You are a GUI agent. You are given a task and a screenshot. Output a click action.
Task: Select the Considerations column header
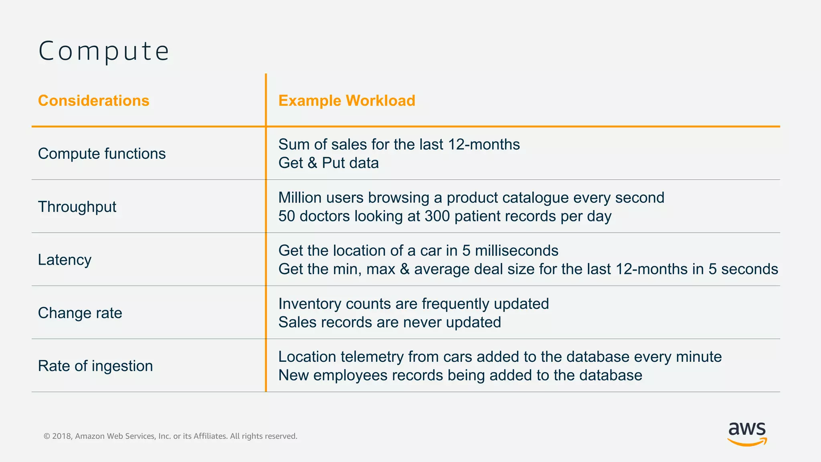pyautogui.click(x=93, y=101)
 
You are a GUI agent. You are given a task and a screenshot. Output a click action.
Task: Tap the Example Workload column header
pyautogui.click(x=347, y=101)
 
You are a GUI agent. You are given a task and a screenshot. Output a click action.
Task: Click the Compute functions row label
pyautogui.click(x=102, y=154)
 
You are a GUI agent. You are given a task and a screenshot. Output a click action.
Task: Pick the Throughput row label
pyautogui.click(x=77, y=207)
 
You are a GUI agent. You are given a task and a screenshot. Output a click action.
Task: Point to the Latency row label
pyautogui.click(x=65, y=260)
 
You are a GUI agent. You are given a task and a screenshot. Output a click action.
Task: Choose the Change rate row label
pyautogui.click(x=80, y=313)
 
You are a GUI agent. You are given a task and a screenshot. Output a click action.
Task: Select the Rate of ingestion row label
pyautogui.click(x=95, y=366)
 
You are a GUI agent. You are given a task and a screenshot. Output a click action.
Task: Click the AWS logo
pyautogui.click(x=747, y=434)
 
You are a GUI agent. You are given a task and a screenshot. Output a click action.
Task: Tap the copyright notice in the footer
pyautogui.click(x=170, y=436)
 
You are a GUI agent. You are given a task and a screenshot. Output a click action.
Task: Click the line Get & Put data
pyautogui.click(x=328, y=163)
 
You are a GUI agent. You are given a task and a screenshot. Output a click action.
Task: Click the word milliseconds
pyautogui.click(x=516, y=251)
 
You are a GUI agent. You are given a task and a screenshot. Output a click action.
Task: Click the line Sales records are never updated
pyautogui.click(x=390, y=322)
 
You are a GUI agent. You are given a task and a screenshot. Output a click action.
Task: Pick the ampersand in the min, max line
pyautogui.click(x=405, y=269)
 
